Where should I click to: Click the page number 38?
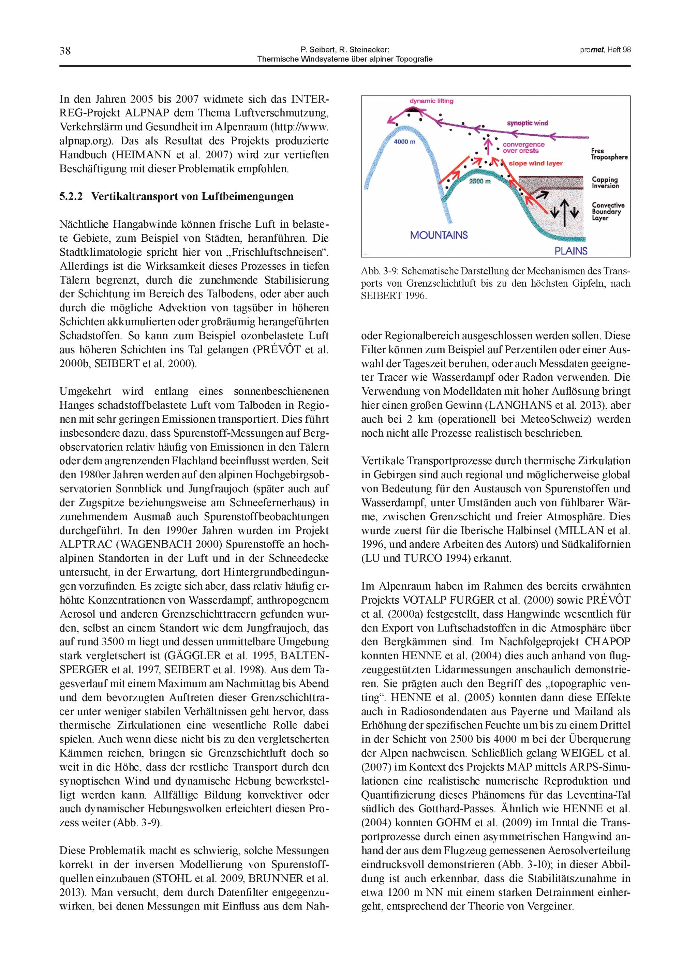(x=65, y=51)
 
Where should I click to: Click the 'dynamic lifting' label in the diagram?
(x=431, y=101)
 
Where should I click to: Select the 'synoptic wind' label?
(x=528, y=123)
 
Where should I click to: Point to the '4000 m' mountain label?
(x=405, y=142)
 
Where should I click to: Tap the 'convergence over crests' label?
(x=523, y=147)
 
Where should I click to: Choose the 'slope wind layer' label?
(x=535, y=163)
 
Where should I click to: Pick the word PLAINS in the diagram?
(x=571, y=251)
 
